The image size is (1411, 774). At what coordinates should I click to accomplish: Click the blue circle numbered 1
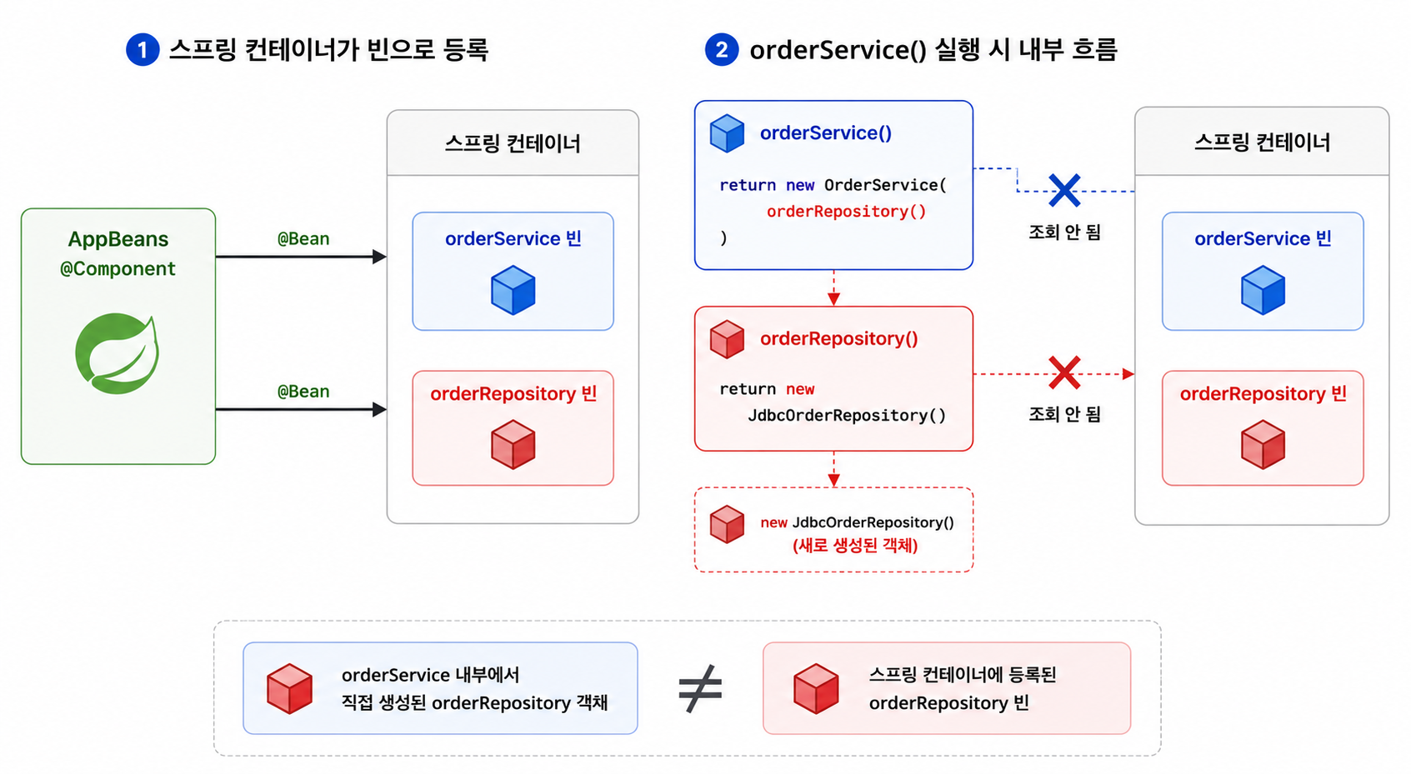coord(143,50)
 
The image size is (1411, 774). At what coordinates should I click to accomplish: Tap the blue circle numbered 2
coord(721,50)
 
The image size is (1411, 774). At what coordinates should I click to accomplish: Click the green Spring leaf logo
coord(118,353)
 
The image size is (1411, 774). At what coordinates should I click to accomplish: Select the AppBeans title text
coord(118,239)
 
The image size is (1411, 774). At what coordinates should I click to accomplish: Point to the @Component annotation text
coord(118,269)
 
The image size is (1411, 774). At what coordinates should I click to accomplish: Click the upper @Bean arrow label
coord(303,238)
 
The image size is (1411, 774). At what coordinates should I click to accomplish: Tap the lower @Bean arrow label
coord(303,391)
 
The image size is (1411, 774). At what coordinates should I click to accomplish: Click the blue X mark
coord(1064,190)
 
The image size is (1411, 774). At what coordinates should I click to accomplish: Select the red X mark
coord(1064,372)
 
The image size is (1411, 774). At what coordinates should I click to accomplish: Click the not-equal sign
coord(700,688)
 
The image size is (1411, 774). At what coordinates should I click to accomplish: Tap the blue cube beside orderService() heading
coord(727,132)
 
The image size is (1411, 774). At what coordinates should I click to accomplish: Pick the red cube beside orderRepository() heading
coord(727,339)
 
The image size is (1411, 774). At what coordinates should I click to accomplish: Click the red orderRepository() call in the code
coord(846,211)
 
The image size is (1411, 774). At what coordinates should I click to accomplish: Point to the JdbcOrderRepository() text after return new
coord(847,415)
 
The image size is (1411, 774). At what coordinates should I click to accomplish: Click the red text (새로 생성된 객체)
coord(855,546)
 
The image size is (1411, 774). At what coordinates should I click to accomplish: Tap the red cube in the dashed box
coord(727,524)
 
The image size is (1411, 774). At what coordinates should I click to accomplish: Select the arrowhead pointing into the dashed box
coord(834,480)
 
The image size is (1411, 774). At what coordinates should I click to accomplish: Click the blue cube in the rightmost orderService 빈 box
coord(1263,290)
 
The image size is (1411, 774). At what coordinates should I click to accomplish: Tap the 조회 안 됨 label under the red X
coord(1064,414)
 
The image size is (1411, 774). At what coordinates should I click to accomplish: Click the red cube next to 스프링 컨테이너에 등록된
coord(816,688)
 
